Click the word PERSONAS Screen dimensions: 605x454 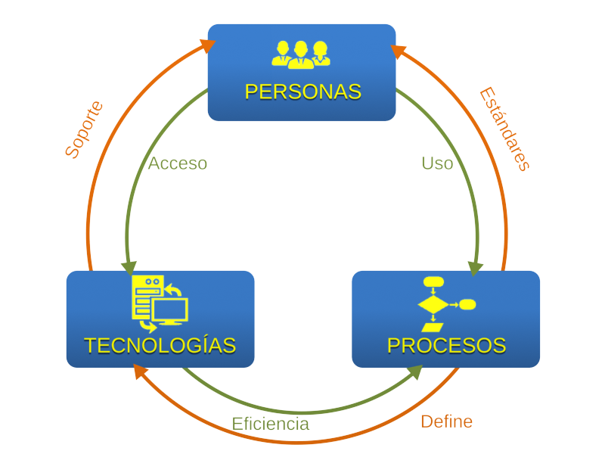point(303,92)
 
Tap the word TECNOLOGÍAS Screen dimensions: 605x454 point(160,345)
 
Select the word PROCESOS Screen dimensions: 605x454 point(446,346)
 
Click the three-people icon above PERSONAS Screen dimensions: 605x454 point(301,54)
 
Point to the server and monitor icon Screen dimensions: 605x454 point(160,304)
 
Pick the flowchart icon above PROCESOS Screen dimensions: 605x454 point(447,304)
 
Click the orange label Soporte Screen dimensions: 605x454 point(84,129)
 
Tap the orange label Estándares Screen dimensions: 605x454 point(504,129)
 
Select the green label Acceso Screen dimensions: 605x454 point(178,163)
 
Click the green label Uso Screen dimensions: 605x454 point(437,163)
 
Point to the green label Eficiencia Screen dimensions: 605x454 point(271,424)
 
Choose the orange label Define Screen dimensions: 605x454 point(447,421)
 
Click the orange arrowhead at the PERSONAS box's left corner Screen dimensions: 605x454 point(207,45)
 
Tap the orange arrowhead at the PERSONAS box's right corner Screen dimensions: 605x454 point(399,51)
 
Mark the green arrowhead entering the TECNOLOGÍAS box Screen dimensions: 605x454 point(129,268)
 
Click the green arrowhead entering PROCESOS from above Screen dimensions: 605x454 point(476,269)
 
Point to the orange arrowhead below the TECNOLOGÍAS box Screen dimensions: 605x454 point(141,372)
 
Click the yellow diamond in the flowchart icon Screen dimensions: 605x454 point(433,305)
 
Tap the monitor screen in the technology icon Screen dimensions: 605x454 point(170,309)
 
